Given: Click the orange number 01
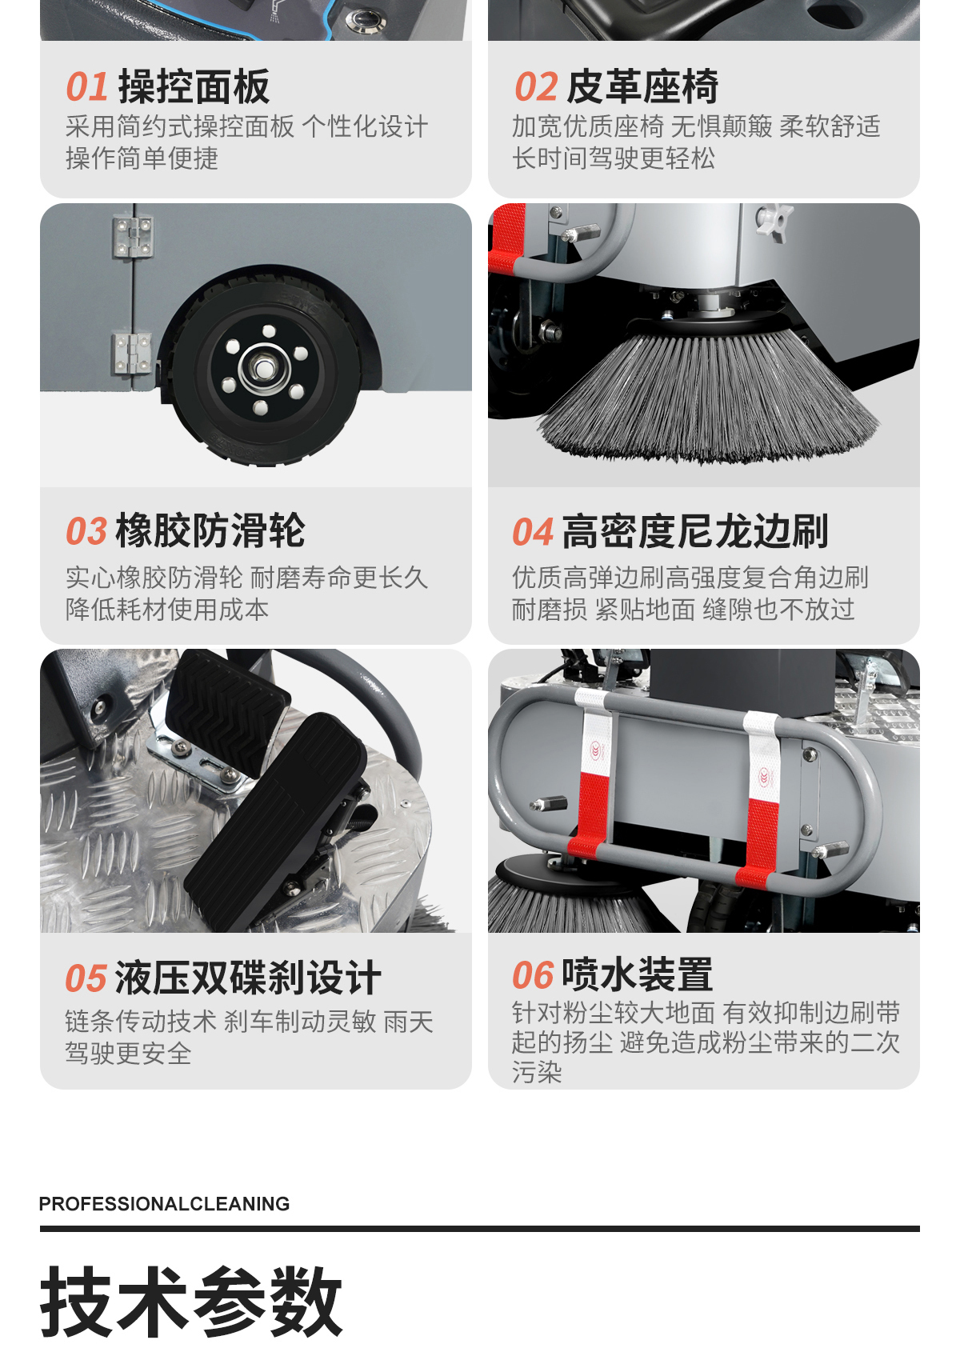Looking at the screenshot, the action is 87,86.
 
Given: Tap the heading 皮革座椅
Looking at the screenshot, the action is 642,86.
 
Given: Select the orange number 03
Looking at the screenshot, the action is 86,531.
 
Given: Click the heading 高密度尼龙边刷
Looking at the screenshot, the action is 695,531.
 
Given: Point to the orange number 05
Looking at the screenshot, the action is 86,979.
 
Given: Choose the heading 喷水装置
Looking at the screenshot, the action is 638,975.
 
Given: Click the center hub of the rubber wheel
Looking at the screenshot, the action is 263,367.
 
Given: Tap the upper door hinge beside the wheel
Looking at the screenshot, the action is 132,237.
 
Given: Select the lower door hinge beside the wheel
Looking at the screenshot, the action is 130,353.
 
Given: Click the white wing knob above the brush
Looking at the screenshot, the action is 774,220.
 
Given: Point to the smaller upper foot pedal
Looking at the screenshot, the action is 227,714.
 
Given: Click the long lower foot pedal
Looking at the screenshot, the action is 275,822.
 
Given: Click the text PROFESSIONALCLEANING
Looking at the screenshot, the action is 164,1203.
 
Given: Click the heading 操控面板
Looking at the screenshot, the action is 194,86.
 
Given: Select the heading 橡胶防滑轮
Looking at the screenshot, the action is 210,531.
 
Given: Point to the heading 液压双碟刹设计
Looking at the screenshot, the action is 248,978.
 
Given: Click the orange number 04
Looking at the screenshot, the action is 534,532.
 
